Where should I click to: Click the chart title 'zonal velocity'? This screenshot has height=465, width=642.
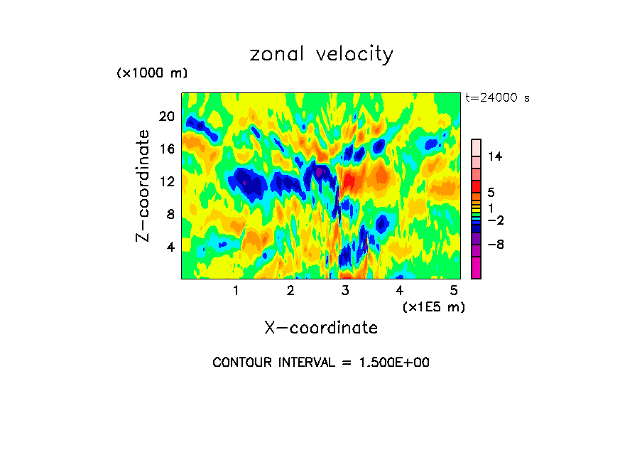coord(321,54)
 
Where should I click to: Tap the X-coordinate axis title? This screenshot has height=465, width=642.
coord(321,328)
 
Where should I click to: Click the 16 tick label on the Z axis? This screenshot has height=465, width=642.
coord(165,149)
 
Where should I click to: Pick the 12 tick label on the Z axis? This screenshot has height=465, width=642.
coord(165,181)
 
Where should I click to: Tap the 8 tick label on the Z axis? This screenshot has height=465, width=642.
coord(169,214)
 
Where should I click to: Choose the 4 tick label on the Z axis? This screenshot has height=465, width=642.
coord(169,247)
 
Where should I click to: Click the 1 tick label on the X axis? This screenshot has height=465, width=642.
coord(236,291)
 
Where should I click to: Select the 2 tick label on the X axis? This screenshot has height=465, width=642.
coord(290,291)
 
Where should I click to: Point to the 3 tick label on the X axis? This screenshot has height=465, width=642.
coord(345,291)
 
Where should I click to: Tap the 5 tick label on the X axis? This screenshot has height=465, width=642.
coord(454,291)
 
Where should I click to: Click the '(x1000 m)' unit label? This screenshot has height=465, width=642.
coord(152,73)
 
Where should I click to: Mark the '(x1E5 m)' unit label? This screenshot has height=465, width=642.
coord(433,306)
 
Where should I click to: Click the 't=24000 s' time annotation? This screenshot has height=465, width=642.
coord(497,98)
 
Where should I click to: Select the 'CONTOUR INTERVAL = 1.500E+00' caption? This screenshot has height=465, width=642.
coord(321,363)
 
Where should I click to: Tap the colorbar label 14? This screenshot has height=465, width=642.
coord(495,156)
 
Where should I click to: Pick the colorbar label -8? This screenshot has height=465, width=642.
coord(495,245)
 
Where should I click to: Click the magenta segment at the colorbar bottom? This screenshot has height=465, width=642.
coord(476,268)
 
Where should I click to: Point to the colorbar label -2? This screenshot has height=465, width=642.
coord(495,220)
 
